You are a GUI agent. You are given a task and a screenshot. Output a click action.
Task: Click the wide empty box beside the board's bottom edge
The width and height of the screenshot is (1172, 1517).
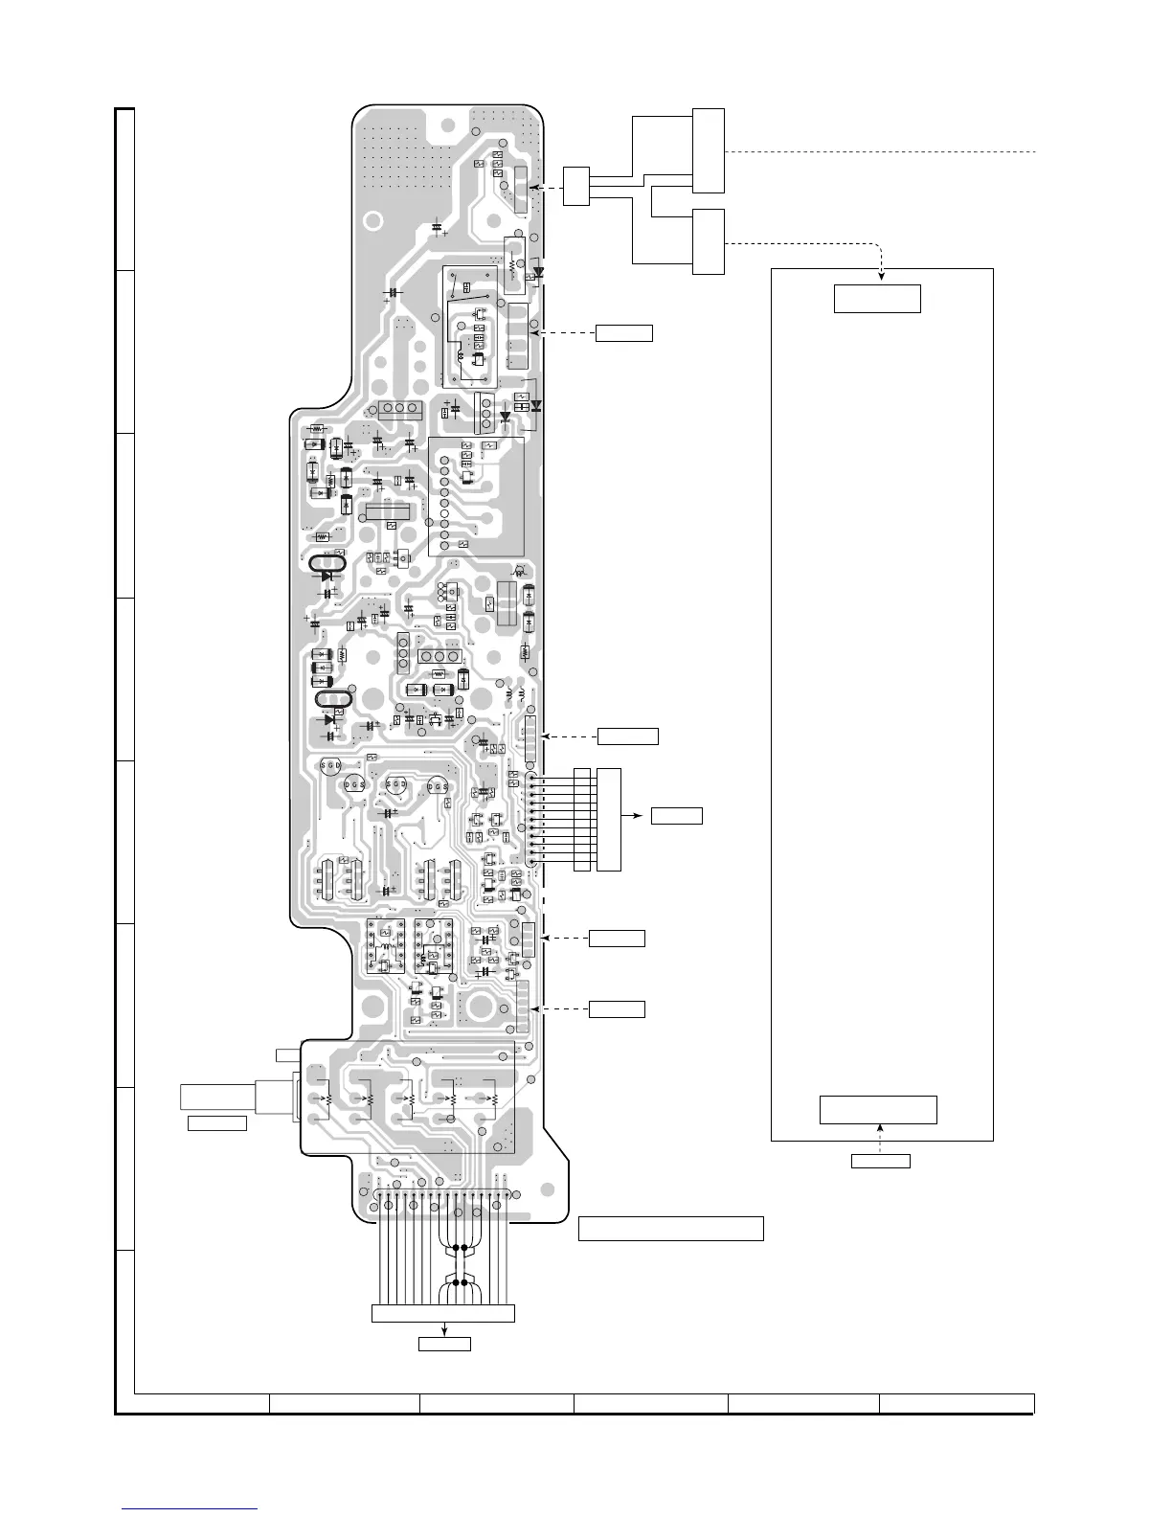(670, 1228)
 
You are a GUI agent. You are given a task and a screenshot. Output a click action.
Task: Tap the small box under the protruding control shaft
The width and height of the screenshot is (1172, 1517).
(216, 1122)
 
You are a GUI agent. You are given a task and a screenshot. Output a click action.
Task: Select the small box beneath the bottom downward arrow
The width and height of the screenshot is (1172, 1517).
(444, 1344)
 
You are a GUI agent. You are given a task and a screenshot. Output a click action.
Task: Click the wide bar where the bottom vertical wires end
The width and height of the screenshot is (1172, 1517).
(442, 1313)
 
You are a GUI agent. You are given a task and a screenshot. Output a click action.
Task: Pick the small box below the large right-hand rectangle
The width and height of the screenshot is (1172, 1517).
(880, 1162)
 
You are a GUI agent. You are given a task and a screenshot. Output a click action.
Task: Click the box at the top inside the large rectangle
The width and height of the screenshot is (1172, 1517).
(877, 298)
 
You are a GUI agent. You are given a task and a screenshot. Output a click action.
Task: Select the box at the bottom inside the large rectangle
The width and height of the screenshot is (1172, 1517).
(878, 1109)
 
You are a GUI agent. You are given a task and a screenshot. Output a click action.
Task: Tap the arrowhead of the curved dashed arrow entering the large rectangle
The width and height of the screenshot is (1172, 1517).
(881, 277)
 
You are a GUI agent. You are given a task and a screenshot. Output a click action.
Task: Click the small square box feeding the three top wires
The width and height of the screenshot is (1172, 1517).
(575, 185)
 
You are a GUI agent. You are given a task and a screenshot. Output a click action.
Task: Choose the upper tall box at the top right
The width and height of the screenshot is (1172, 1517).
(709, 150)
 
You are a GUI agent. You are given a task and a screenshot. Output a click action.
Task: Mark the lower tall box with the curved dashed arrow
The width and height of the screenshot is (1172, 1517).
(709, 240)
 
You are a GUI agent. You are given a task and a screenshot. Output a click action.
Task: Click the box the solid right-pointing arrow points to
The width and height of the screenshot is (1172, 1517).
(676, 816)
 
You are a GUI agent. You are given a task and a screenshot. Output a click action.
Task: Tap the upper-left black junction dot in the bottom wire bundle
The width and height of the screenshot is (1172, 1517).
(453, 1249)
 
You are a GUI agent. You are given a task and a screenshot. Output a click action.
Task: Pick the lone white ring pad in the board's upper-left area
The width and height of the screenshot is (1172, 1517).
(446, 125)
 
